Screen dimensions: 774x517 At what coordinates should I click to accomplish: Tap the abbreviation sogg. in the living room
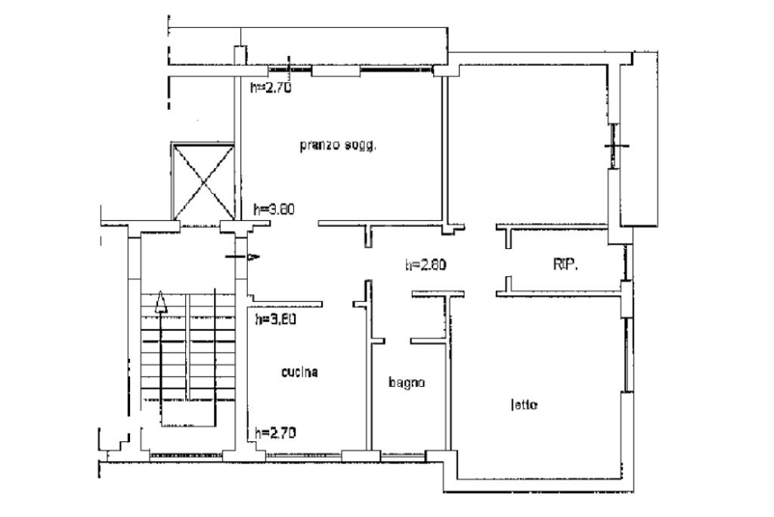(359, 146)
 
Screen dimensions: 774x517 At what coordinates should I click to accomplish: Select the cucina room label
(299, 372)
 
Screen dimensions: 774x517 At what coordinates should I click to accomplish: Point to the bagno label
(407, 382)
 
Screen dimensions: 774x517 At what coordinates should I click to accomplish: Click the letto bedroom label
(523, 405)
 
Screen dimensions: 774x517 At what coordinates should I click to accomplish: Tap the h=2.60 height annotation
(426, 265)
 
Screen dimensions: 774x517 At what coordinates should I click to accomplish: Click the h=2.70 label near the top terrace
(271, 87)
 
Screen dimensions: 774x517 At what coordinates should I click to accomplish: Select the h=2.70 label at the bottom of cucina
(275, 433)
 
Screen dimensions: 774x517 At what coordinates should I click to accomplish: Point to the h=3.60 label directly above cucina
(275, 319)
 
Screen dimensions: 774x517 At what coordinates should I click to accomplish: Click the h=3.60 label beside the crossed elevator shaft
(273, 210)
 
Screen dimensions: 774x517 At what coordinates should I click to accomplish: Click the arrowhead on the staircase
(160, 304)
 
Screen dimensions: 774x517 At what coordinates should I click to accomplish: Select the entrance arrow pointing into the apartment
(244, 257)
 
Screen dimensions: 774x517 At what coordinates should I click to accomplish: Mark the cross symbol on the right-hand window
(615, 145)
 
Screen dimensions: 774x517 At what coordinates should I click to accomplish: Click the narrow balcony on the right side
(639, 140)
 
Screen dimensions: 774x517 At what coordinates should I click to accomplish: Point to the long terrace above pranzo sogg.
(302, 45)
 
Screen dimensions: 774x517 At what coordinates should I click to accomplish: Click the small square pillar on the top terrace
(240, 55)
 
